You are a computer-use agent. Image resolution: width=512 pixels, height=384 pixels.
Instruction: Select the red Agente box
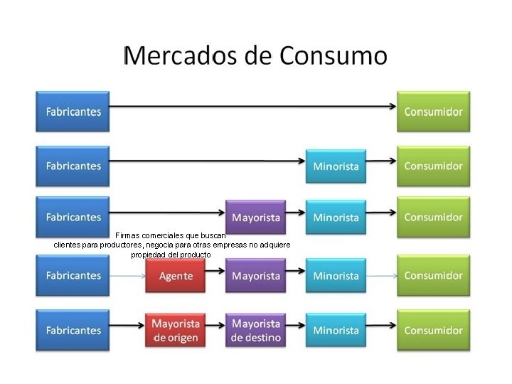[x=175, y=275]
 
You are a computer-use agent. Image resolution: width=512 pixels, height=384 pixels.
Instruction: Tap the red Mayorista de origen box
[x=175, y=330]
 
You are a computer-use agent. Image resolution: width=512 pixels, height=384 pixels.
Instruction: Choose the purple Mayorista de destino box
[x=255, y=330]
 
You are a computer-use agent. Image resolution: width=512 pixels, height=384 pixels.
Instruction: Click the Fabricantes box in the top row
[x=74, y=112]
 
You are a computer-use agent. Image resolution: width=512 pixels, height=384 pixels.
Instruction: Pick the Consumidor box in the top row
[x=433, y=112]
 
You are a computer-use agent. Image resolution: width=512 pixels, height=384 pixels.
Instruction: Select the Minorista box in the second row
[x=336, y=167]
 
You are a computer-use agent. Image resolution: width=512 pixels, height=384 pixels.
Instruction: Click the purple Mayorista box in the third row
[x=255, y=216]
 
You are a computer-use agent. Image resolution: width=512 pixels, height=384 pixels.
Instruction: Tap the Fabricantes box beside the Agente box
[x=74, y=275]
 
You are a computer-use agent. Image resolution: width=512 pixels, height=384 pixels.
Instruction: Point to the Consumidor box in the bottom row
[x=433, y=330]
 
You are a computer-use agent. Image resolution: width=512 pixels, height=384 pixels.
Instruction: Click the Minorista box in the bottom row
[x=336, y=330]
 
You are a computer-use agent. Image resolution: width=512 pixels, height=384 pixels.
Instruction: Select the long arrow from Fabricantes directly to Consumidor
[x=253, y=107]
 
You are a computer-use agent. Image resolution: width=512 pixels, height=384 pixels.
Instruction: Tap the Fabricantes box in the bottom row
[x=74, y=330]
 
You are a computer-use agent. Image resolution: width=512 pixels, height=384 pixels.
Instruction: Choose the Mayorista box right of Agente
[x=255, y=275]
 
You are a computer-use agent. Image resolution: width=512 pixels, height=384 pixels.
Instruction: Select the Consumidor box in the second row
[x=433, y=166]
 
